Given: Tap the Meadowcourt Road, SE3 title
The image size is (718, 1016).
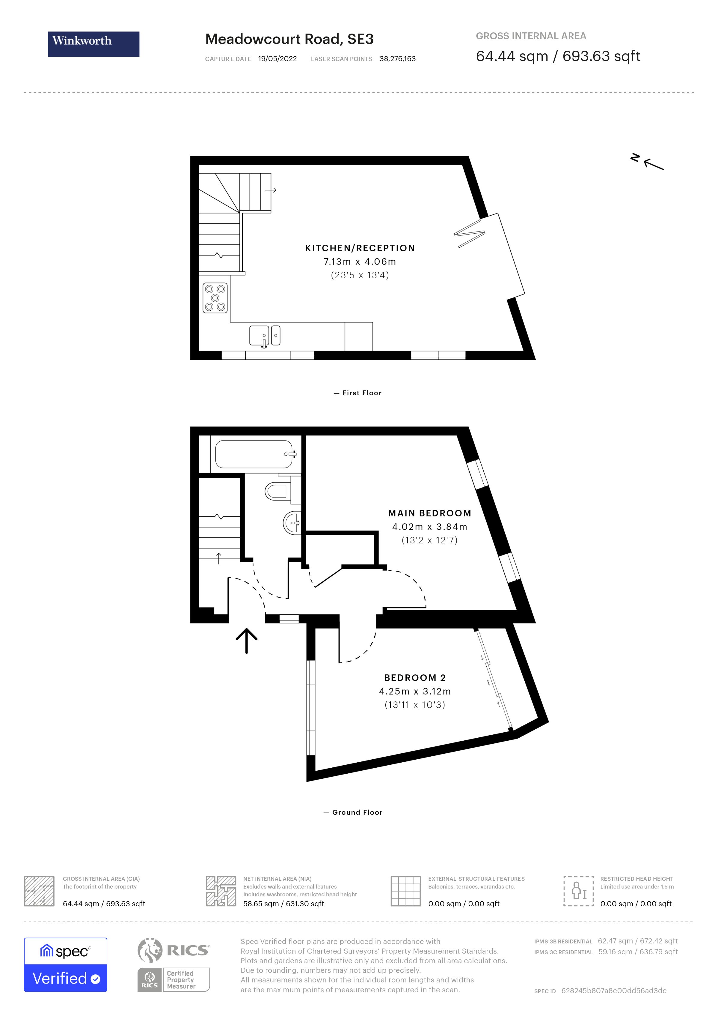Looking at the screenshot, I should click(289, 39).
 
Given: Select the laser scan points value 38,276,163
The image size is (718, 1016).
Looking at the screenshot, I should click(397, 59).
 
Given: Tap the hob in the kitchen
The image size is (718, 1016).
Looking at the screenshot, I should click(215, 298).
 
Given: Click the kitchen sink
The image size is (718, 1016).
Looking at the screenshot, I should click(264, 336).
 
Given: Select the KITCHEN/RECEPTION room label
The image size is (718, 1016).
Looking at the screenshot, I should click(360, 248).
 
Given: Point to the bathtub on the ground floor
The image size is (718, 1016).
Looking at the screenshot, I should click(254, 454).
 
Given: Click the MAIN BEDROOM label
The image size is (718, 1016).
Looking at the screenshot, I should click(429, 513).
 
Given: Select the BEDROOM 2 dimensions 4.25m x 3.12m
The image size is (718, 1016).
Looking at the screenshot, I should click(415, 691).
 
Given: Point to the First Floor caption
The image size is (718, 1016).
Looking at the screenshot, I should click(362, 393).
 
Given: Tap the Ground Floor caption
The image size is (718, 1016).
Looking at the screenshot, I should click(357, 812).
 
